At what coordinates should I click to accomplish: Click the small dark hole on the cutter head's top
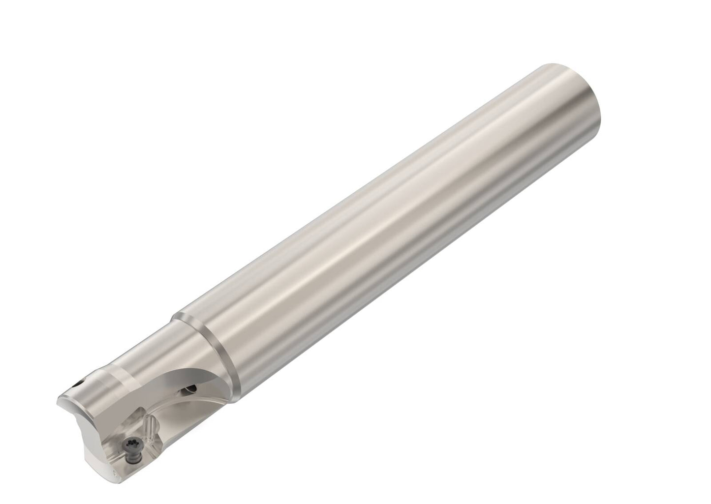[79, 384]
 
